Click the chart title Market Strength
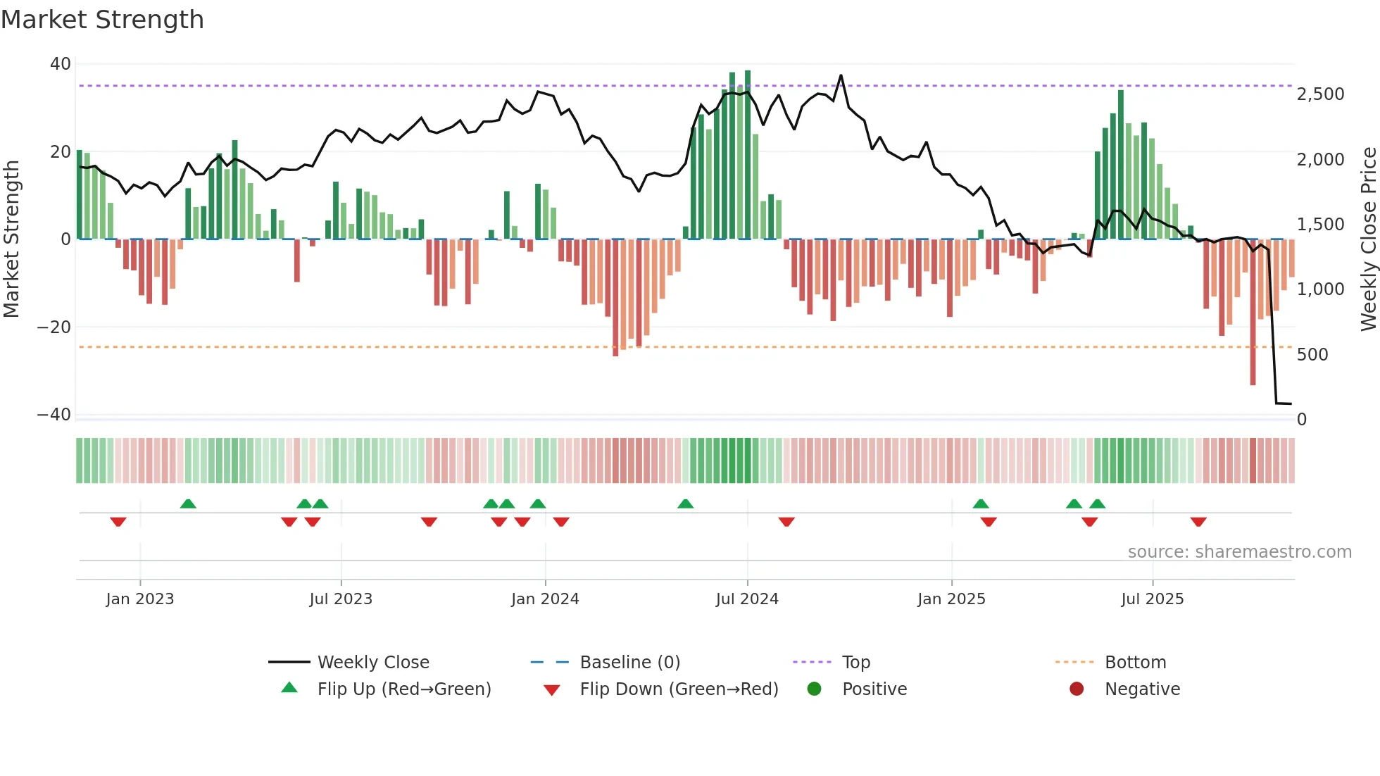click(x=102, y=20)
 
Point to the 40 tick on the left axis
click(x=61, y=64)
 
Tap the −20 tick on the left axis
click(x=54, y=327)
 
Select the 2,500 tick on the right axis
click(x=1320, y=94)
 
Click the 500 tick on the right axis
click(x=1312, y=355)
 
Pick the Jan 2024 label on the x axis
click(x=545, y=599)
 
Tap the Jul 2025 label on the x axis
click(x=1152, y=599)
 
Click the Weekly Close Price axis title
click(x=1368, y=239)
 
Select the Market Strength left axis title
click(x=12, y=239)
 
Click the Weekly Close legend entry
click(x=372, y=663)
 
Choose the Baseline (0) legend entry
click(x=629, y=663)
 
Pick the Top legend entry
click(x=855, y=663)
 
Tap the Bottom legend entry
click(x=1135, y=663)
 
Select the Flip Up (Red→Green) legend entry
click(x=403, y=689)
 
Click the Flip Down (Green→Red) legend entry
click(x=679, y=689)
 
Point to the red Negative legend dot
click(x=1076, y=689)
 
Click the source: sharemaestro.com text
click(x=1239, y=552)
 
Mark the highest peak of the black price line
click(x=841, y=75)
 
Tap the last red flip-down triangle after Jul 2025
click(x=1198, y=522)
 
